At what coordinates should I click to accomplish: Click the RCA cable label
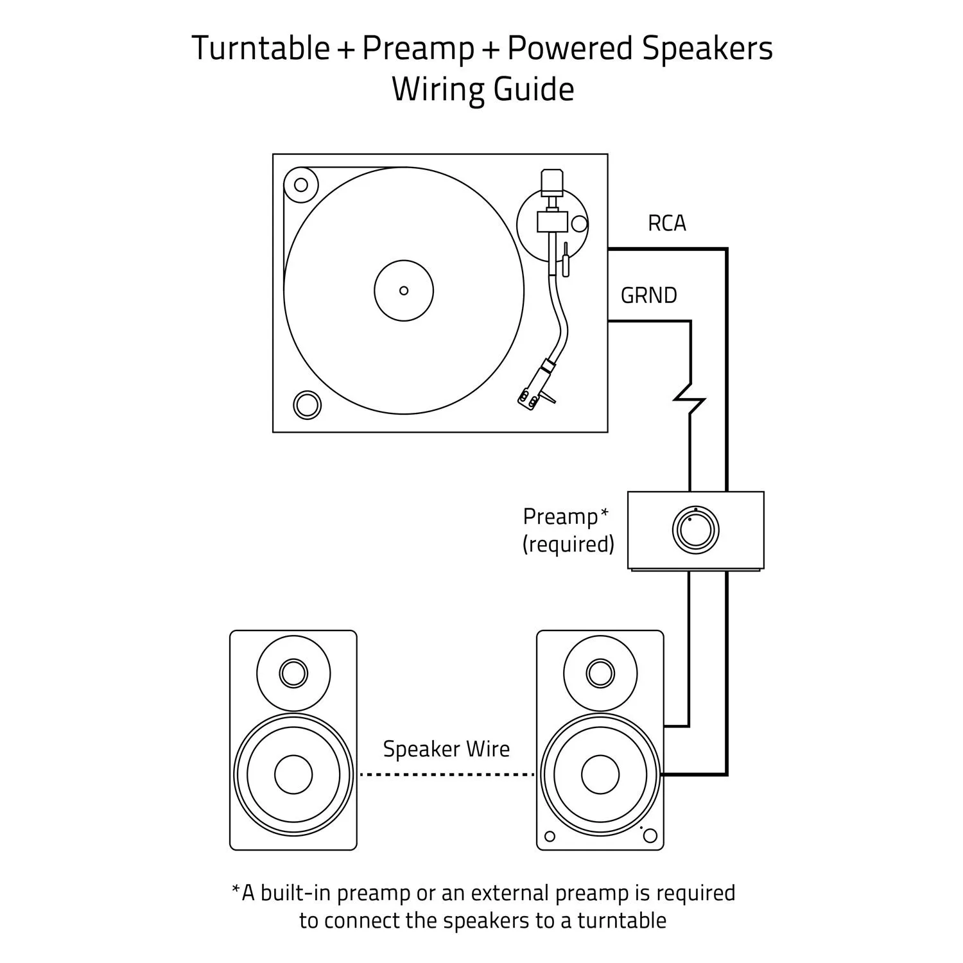tap(666, 223)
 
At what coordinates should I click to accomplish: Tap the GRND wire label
tap(648, 295)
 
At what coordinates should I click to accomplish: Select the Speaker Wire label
tap(446, 749)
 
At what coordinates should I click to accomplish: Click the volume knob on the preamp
tap(695, 530)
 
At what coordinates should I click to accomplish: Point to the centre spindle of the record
tap(404, 291)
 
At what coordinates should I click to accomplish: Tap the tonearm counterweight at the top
tap(551, 182)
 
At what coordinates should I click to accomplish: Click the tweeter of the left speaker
tap(293, 673)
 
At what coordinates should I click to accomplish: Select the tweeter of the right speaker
tap(600, 673)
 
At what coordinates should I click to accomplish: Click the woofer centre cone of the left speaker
tap(293, 774)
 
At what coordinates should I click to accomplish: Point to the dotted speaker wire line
tap(446, 775)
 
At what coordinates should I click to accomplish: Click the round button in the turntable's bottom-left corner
tap(306, 405)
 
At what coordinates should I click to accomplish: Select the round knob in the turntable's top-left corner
tap(301, 185)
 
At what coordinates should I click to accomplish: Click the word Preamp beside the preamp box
tap(560, 516)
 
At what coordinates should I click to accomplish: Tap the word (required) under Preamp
tap(568, 544)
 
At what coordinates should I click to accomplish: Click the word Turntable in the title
tap(261, 49)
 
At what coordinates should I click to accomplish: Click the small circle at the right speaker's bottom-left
tap(550, 836)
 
